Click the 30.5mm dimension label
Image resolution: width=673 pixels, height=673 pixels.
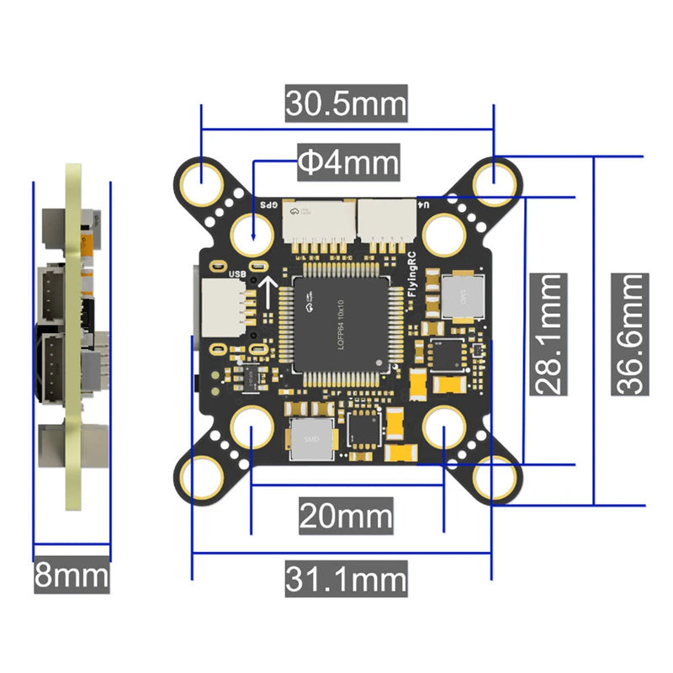point(346,105)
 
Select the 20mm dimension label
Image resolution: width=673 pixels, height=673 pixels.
point(346,515)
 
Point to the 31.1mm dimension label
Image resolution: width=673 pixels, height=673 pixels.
point(346,579)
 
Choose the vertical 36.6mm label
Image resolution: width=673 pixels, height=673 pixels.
point(630,334)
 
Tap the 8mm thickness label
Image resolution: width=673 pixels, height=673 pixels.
point(72,577)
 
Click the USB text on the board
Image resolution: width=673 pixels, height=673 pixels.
point(237,272)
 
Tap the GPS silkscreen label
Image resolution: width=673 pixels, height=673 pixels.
point(268,204)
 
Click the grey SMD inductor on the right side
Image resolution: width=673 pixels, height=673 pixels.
point(461,295)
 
